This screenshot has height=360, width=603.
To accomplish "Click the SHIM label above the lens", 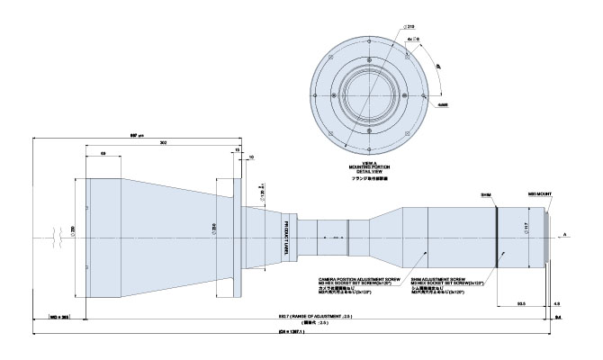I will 487,193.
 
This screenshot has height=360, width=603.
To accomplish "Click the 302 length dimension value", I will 163,143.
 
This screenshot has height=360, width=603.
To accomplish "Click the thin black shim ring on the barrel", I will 494,237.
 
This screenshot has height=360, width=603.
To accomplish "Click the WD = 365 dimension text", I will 59,316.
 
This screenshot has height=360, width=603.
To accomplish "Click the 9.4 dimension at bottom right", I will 558,316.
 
